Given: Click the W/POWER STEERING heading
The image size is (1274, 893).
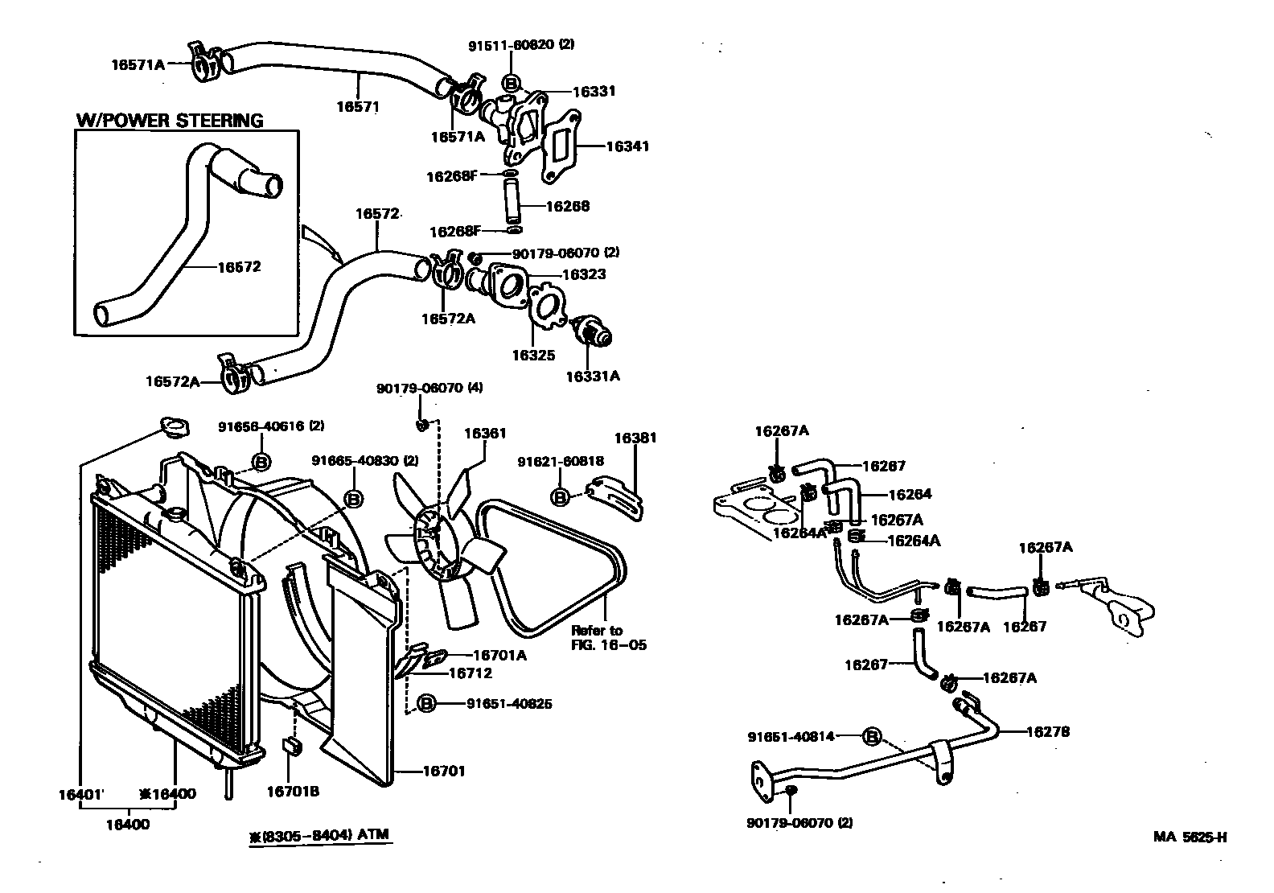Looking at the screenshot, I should tap(170, 121).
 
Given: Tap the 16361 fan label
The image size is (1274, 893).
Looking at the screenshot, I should tap(485, 434).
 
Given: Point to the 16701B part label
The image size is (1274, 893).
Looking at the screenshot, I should tap(293, 792).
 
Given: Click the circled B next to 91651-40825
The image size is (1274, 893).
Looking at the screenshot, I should tap(426, 704).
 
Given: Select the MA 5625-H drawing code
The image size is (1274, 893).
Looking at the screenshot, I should tap(1190, 837).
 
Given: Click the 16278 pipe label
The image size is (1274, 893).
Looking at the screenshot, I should tap(1047, 732).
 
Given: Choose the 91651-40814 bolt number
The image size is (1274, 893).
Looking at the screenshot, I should tap(791, 736).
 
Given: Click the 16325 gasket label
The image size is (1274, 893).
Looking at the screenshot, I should tap(533, 355).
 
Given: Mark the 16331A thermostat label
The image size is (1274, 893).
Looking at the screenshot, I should tap(593, 376).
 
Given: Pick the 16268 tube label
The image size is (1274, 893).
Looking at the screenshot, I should tap(567, 206).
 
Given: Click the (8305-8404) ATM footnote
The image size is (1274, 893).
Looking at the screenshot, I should tap(319, 835).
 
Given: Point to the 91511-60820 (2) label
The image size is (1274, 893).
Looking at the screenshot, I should tap(521, 45).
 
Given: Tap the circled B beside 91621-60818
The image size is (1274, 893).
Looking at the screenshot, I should tap(561, 496).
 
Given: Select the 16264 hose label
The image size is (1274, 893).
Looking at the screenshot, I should tap(910, 495).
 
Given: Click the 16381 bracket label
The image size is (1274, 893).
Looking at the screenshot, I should tap(635, 438).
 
